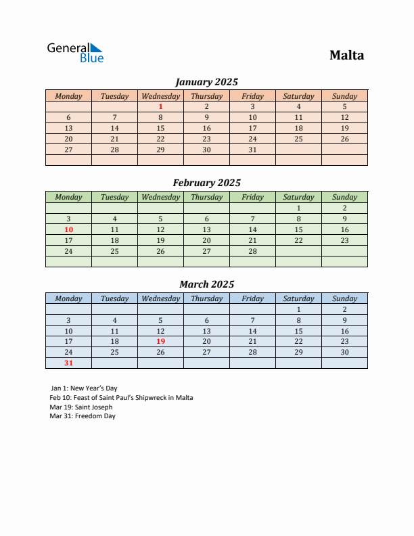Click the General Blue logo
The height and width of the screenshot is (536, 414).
click(x=75, y=53)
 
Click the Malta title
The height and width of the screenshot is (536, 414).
click(x=346, y=55)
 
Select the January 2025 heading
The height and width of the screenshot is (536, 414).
click(x=206, y=82)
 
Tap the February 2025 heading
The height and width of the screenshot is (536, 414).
click(x=206, y=183)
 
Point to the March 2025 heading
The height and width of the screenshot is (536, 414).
click(x=206, y=284)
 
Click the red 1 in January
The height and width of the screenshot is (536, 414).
click(x=160, y=106)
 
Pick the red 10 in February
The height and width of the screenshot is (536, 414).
click(x=68, y=229)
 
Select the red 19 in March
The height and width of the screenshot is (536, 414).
click(x=160, y=341)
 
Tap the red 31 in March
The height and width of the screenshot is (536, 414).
click(x=68, y=363)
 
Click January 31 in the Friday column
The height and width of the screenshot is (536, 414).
click(x=252, y=150)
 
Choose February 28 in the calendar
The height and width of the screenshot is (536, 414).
click(x=252, y=251)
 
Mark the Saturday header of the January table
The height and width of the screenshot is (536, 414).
click(x=298, y=96)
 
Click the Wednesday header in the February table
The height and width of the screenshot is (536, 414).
click(x=160, y=197)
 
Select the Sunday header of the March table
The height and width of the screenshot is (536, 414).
click(x=344, y=298)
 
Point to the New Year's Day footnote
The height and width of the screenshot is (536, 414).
click(x=84, y=388)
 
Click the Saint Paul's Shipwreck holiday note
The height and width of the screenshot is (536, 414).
click(x=121, y=397)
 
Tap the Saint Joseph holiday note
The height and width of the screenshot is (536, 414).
click(x=81, y=407)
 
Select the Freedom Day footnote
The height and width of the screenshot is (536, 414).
click(x=83, y=416)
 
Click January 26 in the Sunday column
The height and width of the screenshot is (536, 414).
click(x=344, y=139)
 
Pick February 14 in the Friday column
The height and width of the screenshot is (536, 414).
click(x=252, y=229)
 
